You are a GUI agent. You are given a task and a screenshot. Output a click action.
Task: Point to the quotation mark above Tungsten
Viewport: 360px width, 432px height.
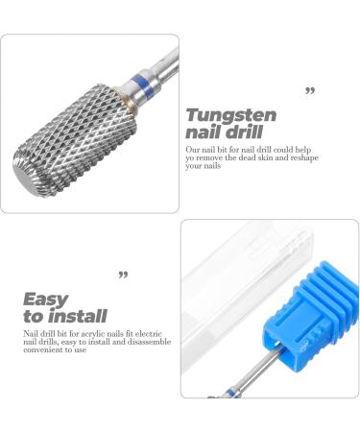(x=310, y=91)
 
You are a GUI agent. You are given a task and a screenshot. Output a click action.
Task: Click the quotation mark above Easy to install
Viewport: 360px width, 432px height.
(x=123, y=276)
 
